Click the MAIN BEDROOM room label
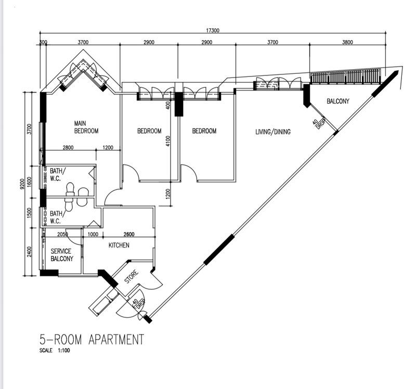(86, 127)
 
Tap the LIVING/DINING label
(272, 132)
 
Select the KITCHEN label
(119, 245)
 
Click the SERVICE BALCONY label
(61, 255)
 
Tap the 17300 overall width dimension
(213, 30)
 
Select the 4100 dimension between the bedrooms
(168, 141)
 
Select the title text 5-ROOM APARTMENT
(92, 340)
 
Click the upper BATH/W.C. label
(57, 174)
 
